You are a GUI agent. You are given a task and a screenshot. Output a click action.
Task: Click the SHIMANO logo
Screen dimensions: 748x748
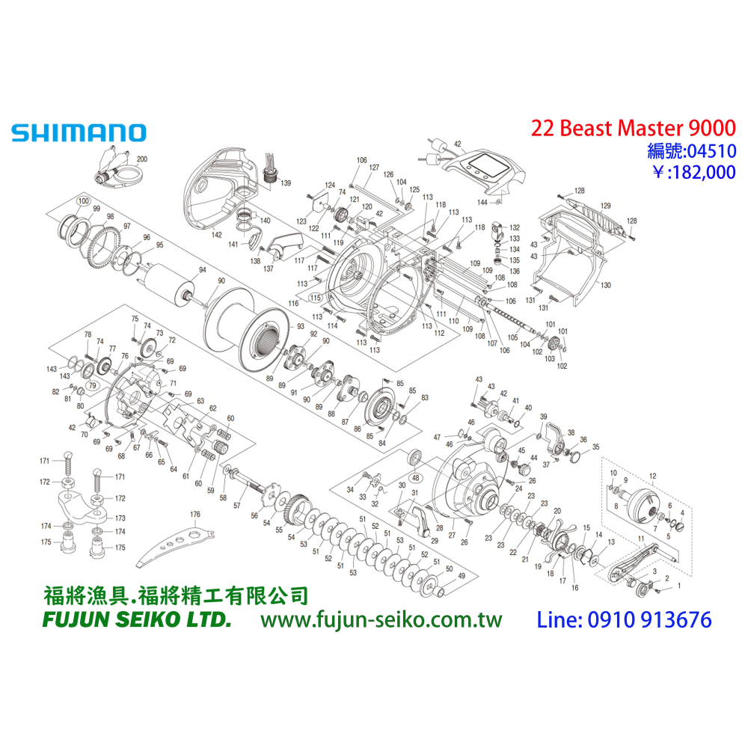point(78,133)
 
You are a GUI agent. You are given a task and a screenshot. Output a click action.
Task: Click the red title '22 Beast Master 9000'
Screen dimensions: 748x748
point(633,128)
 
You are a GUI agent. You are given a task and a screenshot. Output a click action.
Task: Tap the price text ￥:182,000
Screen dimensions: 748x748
point(694,173)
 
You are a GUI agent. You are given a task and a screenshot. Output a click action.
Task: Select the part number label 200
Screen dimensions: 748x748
point(142,159)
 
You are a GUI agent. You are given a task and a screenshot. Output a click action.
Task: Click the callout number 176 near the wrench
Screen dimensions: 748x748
point(195,514)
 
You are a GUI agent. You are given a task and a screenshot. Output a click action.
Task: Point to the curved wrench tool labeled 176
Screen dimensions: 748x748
point(176,543)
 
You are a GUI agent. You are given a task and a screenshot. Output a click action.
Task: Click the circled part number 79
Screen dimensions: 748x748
point(93,385)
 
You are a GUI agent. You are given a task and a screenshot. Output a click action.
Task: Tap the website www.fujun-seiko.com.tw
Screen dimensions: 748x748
point(381,620)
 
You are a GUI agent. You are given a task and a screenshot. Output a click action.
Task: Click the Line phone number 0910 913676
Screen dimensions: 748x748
point(625,620)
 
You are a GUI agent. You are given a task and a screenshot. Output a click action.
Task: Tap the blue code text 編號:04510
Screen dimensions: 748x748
point(691,152)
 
